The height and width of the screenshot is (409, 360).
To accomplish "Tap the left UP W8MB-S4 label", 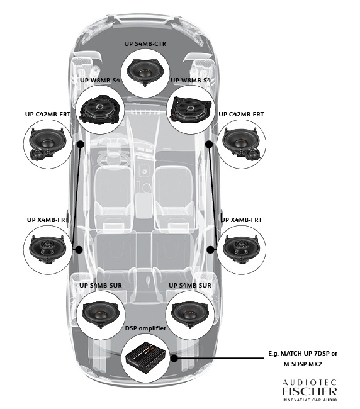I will point(99,81).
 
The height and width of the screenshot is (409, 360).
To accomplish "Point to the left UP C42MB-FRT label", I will point(47,115).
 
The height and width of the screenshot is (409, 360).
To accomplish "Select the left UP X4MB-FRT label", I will point(47,220).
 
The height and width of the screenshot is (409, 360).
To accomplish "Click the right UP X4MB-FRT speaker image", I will point(244,250).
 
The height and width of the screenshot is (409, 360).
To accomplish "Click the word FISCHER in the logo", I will point(308,391).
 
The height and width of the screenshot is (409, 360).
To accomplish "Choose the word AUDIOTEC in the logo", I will point(308,382).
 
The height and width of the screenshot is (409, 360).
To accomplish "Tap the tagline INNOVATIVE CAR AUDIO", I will point(308,400).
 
